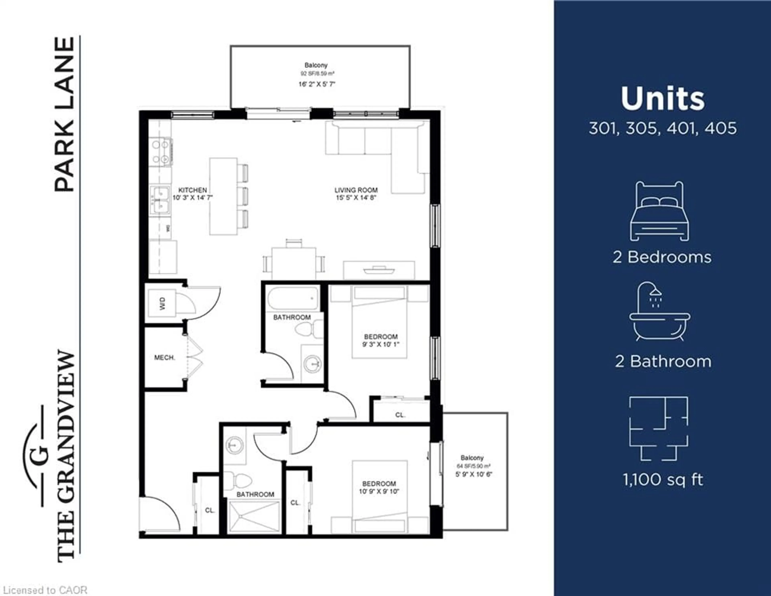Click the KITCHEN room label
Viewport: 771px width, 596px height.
coord(192,190)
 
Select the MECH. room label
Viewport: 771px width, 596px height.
coord(164,357)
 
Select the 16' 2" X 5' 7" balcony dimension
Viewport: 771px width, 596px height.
coord(317,84)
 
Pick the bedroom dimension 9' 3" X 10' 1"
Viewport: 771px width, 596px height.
coord(380,344)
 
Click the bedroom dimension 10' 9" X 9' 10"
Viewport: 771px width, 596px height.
coord(379,491)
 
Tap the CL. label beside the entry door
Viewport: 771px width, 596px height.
coord(210,510)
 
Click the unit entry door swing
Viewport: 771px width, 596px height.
coord(161,514)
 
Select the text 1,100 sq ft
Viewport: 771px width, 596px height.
coord(663,480)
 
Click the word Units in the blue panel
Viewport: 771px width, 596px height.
coord(663,99)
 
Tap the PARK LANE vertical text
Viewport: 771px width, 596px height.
coord(65,115)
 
